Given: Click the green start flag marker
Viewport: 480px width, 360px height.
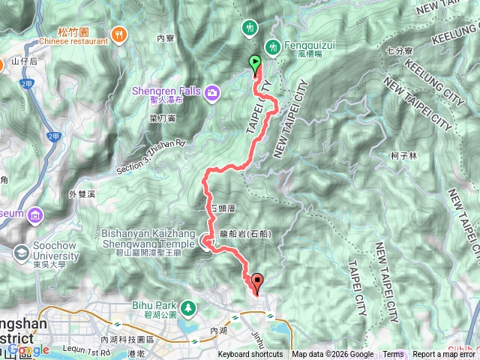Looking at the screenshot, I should tap(255, 64).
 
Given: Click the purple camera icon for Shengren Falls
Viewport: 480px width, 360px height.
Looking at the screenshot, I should tap(213, 91).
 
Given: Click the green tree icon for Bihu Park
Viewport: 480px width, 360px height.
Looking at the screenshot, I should tap(187, 306).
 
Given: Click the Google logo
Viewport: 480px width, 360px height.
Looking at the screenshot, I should tap(28, 349).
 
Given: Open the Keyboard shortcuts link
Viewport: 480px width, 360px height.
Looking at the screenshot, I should tap(250, 355).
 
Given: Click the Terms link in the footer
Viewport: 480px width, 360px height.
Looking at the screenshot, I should tap(393, 355).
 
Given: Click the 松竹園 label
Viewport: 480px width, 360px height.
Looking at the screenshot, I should tap(73, 32).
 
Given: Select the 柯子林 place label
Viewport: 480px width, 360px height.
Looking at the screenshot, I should tap(403, 155).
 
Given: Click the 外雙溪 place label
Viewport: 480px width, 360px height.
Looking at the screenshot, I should tap(82, 193).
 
